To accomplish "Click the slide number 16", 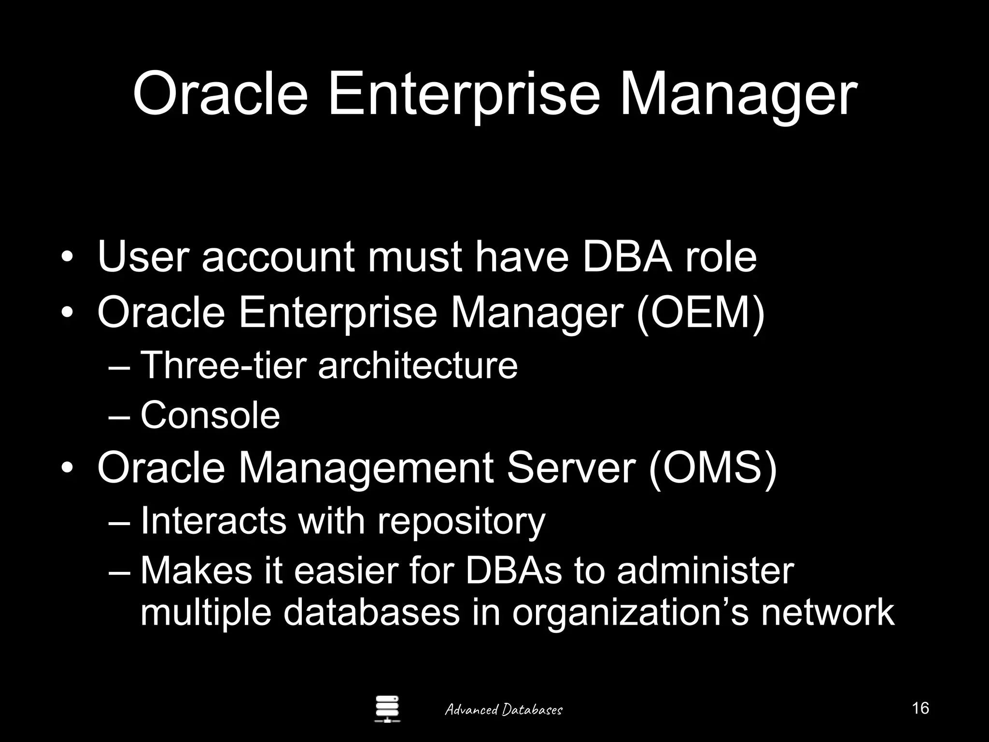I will pos(920,708).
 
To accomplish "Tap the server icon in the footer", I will pos(387,709).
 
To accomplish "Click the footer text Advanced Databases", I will pos(503,710).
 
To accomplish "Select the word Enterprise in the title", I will pos(464,94).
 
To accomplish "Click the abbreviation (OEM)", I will pos(701,313).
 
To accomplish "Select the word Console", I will pos(210,415).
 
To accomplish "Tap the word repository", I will pos(461,521).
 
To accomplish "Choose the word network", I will pos(828,613).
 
